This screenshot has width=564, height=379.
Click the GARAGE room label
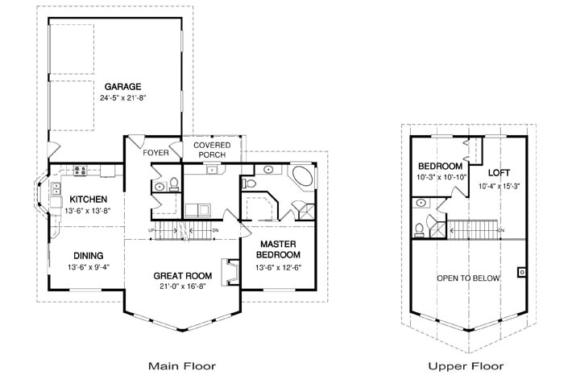(122, 86)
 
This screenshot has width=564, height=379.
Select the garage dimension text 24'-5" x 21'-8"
(122, 97)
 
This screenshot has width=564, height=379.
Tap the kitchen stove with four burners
(81, 170)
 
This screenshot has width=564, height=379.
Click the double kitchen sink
(56, 189)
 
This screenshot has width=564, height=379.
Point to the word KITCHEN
(89, 200)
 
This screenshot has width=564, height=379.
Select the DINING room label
(89, 256)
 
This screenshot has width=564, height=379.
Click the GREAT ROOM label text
(182, 275)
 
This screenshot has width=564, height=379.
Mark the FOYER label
(155, 152)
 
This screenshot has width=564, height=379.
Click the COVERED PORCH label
(213, 150)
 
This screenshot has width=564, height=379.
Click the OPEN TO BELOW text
(468, 278)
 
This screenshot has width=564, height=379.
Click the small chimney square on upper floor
(521, 271)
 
